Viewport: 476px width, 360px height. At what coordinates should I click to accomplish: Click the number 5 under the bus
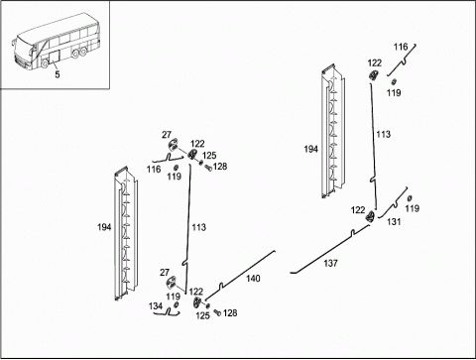[x=58, y=74]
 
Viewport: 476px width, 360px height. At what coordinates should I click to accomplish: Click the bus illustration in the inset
[x=56, y=42]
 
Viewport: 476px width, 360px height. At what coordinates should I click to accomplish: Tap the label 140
[x=253, y=279]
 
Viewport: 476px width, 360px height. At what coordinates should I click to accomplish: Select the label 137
[x=330, y=263]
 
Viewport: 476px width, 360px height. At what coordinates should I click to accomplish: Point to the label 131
[x=394, y=222]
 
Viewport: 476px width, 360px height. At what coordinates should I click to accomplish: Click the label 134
[x=156, y=306]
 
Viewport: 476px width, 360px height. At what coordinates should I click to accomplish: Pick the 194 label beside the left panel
[x=104, y=227]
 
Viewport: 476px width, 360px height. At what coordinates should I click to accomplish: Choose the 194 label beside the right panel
[x=311, y=149]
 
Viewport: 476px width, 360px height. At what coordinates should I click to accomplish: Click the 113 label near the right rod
[x=384, y=134]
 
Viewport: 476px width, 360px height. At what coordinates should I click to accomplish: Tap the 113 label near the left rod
[x=199, y=227]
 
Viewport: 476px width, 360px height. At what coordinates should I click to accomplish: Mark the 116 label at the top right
[x=401, y=47]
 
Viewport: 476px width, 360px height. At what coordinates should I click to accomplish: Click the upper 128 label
[x=220, y=167]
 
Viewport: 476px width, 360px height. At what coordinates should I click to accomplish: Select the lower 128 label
[x=230, y=312]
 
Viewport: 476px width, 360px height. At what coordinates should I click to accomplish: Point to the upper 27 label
[x=167, y=135]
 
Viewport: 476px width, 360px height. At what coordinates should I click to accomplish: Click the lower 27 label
[x=165, y=273]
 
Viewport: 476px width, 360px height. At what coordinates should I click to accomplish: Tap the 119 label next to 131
[x=413, y=208]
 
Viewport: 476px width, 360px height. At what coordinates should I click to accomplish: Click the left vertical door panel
[x=126, y=234]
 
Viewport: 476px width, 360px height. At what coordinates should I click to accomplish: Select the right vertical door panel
[x=333, y=131]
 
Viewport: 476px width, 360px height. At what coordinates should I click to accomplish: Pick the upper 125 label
[x=209, y=156]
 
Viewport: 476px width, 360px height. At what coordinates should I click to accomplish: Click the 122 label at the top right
[x=375, y=62]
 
